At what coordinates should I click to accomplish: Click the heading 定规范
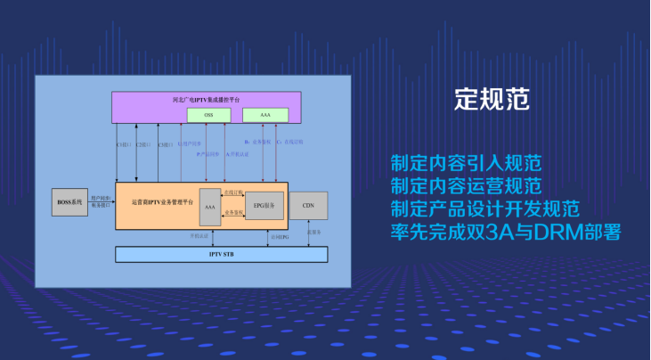click(x=492, y=98)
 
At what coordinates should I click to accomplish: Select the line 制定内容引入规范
click(x=466, y=164)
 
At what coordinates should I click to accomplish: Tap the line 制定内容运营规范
click(x=466, y=186)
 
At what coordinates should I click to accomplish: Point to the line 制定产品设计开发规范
click(x=485, y=209)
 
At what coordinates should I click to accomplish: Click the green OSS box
click(x=209, y=116)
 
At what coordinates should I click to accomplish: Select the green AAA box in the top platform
click(x=265, y=116)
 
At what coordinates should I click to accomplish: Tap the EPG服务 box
click(x=264, y=206)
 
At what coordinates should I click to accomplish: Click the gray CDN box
click(x=308, y=206)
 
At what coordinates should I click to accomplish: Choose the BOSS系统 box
click(x=69, y=203)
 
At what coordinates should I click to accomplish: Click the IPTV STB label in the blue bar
click(x=222, y=255)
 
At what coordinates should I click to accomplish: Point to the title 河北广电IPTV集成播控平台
click(x=207, y=100)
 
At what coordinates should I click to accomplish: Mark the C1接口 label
click(x=123, y=143)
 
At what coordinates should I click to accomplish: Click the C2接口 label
click(x=142, y=143)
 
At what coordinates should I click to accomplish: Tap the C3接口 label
click(x=165, y=143)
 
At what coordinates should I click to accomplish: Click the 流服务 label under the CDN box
click(x=313, y=233)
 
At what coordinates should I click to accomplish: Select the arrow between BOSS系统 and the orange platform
click(x=102, y=203)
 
